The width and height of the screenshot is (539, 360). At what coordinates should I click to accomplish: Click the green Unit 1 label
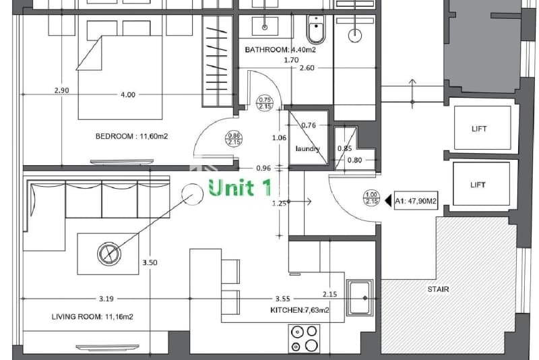[x=240, y=187]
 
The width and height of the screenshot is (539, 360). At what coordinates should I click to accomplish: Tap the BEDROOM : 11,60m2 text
[x=131, y=136]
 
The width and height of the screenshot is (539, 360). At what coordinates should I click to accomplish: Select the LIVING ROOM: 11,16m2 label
[x=92, y=317]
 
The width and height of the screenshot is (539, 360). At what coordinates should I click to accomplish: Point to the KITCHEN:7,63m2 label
[x=299, y=310]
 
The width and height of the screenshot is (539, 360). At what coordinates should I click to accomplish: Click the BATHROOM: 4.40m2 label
[x=280, y=50]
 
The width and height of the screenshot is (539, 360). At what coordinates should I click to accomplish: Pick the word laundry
[x=308, y=148]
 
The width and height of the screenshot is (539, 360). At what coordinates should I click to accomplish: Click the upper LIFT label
[x=479, y=129]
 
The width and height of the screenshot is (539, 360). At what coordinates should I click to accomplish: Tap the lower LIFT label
[x=478, y=185]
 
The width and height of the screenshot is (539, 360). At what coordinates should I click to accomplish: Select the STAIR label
[x=439, y=289]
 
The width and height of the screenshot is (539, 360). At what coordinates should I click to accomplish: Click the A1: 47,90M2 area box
[x=416, y=201]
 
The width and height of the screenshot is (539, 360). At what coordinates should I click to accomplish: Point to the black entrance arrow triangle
[x=389, y=200]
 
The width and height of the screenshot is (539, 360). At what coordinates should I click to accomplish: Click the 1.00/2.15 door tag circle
[x=372, y=198]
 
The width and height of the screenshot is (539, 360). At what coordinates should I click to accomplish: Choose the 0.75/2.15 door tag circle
[x=265, y=103]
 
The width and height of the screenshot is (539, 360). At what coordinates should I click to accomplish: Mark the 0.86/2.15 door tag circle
[x=234, y=139]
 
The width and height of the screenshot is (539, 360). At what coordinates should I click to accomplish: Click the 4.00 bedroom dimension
[x=128, y=94]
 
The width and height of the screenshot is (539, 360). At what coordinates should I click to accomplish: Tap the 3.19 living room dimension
[x=106, y=299]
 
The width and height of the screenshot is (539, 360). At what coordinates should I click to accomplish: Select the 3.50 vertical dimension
[x=150, y=263]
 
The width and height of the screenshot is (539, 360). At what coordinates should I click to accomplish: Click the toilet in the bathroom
[x=316, y=29]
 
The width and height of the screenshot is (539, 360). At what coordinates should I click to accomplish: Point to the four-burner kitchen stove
[x=305, y=338]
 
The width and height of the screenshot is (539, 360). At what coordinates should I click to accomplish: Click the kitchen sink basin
[x=360, y=298]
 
